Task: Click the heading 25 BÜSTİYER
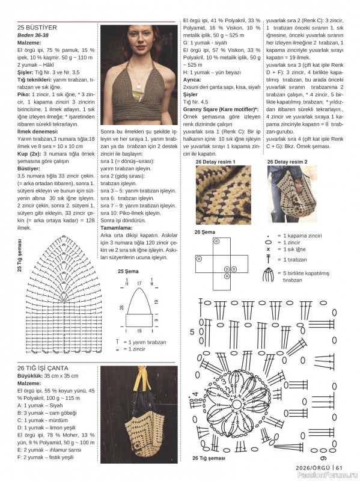pos(37,28)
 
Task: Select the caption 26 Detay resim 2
pos(287,162)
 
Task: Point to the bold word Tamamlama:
pos(119,228)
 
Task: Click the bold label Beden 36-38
pos(34,35)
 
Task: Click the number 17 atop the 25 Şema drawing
pos(139,283)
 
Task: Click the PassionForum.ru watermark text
pos(333,476)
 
